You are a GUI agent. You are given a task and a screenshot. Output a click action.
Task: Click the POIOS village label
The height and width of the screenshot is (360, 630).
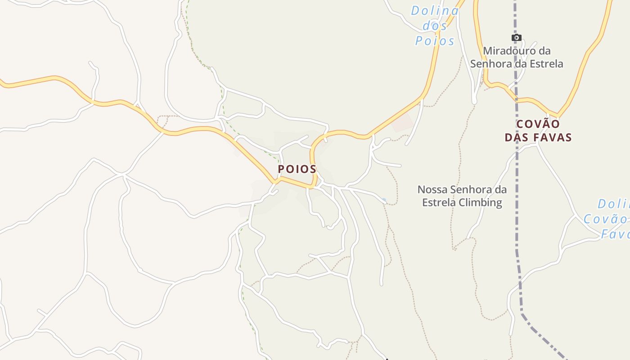click(297, 169)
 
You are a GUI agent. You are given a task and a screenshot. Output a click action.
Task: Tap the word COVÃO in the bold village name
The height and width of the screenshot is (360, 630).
click(538, 124)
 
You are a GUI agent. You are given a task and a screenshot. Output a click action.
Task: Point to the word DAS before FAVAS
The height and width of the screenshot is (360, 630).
click(516, 137)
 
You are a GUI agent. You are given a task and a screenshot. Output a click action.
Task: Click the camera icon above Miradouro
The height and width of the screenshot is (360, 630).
click(517, 38)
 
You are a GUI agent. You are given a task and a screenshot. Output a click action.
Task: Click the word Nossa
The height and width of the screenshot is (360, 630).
click(432, 189)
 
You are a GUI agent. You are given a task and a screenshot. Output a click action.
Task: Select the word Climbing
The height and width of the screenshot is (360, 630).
click(481, 202)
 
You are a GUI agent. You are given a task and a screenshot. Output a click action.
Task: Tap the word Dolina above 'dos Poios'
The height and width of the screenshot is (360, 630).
click(434, 10)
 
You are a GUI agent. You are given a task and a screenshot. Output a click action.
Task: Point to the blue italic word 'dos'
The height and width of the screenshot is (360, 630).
click(435, 26)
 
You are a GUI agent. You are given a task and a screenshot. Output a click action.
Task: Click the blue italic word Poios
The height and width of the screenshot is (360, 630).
click(435, 41)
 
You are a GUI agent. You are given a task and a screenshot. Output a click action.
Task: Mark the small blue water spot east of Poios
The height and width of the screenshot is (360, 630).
click(384, 199)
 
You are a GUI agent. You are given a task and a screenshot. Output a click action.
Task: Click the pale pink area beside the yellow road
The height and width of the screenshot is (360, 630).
click(403, 122)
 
